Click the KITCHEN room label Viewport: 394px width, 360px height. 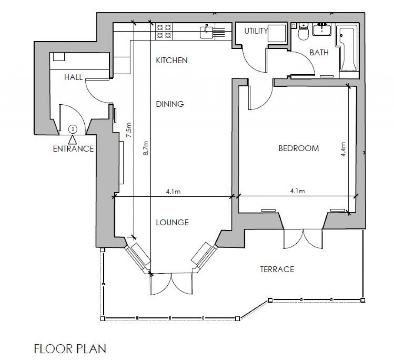[x=171, y=60]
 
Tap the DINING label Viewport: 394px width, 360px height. [x=170, y=104]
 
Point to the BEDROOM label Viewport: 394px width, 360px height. [x=299, y=148]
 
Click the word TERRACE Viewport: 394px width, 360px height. [x=277, y=269]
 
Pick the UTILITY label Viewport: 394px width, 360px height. [x=256, y=31]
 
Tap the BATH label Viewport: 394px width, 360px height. [x=319, y=53]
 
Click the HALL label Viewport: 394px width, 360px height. [x=73, y=77]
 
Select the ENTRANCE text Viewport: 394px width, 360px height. [x=73, y=149]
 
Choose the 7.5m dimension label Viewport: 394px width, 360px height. [x=129, y=130]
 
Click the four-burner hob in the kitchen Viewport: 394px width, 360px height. [x=164, y=31]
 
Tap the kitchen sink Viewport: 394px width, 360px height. [x=207, y=31]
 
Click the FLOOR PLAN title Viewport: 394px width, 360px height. [x=70, y=349]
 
